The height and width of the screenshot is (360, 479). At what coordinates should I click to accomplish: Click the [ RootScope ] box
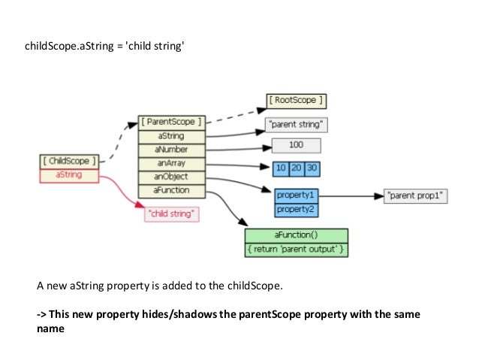[297, 100]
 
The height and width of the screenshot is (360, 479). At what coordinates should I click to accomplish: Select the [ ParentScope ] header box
[171, 122]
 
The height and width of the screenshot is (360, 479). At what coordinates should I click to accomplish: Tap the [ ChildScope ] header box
[68, 161]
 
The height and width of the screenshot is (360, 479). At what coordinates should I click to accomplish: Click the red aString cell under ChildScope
[68, 174]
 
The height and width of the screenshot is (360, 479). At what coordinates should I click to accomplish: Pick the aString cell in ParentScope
[171, 136]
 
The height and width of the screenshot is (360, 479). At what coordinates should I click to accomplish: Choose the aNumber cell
[171, 150]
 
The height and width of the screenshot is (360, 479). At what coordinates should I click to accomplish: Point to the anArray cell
[171, 163]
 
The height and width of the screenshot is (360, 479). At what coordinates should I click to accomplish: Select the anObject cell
[171, 177]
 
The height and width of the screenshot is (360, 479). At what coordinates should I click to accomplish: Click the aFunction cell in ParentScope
[171, 190]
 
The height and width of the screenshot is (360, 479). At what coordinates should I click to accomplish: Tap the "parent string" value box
[296, 126]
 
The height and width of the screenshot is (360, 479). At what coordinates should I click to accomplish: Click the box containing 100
[296, 146]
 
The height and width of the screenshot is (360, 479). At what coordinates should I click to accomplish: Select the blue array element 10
[280, 168]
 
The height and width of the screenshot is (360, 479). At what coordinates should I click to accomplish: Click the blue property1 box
[296, 195]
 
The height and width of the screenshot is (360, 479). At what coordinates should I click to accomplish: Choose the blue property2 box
[296, 207]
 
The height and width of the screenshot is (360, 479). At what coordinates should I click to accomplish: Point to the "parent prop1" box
[415, 196]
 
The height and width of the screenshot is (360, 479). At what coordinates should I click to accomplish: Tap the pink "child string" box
[173, 214]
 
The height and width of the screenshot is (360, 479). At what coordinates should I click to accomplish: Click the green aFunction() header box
[296, 235]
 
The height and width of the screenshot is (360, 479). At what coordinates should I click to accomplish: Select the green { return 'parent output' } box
[296, 249]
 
